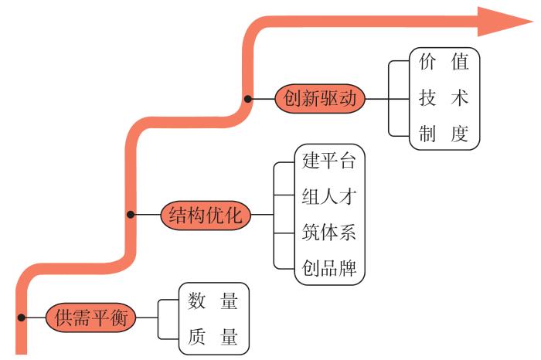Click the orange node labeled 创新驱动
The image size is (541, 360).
[x=319, y=100]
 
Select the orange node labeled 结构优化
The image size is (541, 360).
[x=206, y=215]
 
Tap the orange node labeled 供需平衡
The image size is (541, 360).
[x=91, y=318]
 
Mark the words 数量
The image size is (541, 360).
[x=213, y=302]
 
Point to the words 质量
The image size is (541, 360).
[x=213, y=338]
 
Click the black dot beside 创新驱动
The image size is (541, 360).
[x=248, y=100]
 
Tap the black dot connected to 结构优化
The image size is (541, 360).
[x=131, y=215]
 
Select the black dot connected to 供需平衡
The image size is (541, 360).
[x=22, y=318]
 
